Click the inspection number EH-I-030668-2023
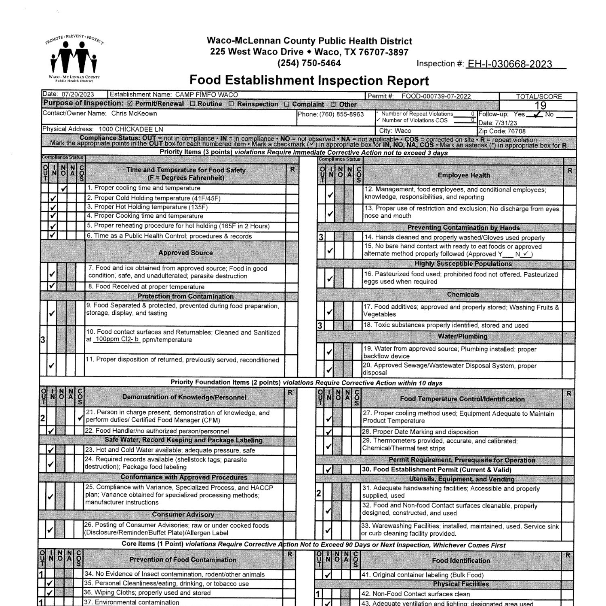509,64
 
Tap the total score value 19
540,106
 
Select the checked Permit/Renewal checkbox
130,104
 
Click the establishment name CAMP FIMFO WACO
206,95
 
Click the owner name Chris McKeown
134,114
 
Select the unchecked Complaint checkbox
286,104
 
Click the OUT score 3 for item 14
321,238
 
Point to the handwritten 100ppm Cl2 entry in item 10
117,339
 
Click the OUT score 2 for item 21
43,419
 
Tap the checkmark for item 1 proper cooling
63,189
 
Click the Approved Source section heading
185,253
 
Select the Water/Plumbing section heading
463,336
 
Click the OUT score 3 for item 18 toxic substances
320,325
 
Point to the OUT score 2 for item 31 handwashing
319,493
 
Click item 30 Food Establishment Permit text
436,469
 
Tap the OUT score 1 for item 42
318,594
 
